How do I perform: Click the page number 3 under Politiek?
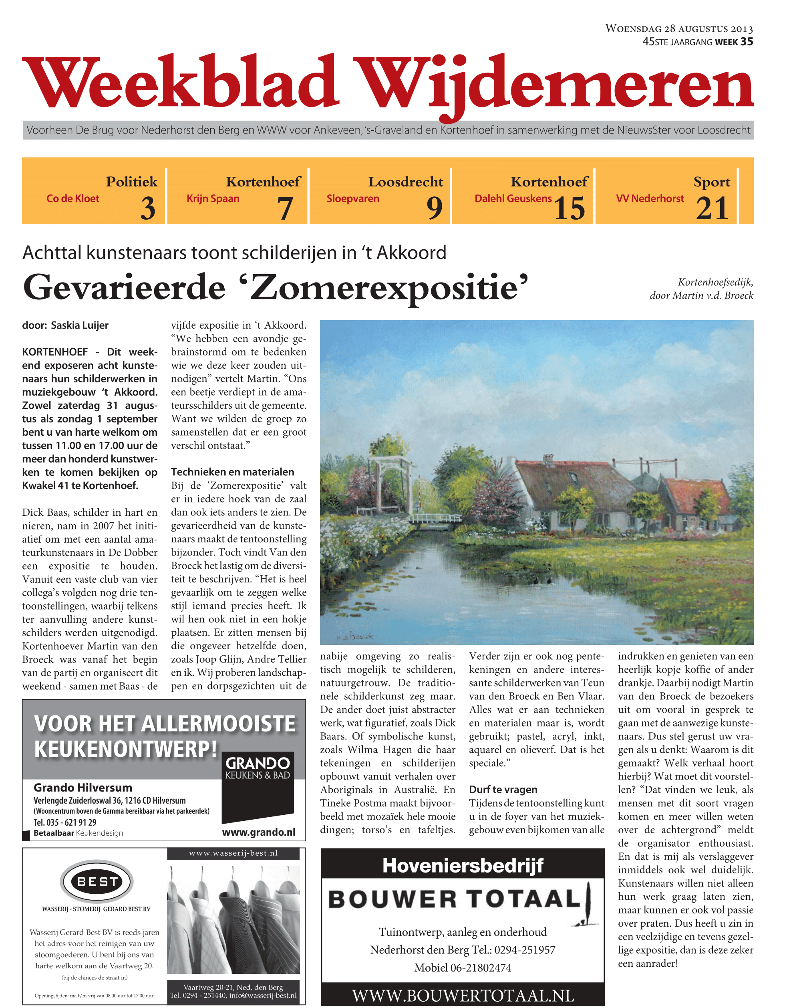pos(148,208)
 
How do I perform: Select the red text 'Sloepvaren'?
pos(352,199)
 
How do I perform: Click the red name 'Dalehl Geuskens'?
pos(513,199)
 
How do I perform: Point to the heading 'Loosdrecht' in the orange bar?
pos(405,182)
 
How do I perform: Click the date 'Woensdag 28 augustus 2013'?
pos(678,28)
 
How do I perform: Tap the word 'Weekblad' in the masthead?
pos(180,82)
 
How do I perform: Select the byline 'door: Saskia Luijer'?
pos(65,325)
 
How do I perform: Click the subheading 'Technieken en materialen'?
pos(232,472)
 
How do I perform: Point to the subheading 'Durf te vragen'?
pos(503,790)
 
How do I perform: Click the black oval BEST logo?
pos(97,882)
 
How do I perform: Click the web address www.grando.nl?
pos(258,832)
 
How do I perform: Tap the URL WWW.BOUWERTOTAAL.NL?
pos(463,996)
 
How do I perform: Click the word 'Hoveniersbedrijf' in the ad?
pos(463,866)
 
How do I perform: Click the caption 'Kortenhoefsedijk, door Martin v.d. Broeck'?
pos(701,289)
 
